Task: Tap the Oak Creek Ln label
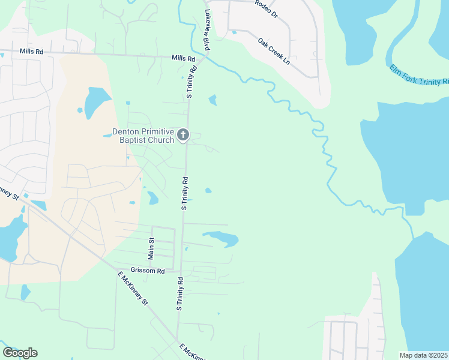point(274,52)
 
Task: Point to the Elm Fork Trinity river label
point(419,75)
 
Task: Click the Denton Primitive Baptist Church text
point(143,136)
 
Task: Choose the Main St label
point(151,248)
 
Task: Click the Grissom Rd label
point(148,271)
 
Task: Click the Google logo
point(20,353)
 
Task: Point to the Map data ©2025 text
point(423,355)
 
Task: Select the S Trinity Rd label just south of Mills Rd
point(191,82)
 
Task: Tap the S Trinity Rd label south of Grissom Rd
point(179,293)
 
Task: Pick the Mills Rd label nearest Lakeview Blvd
point(183,59)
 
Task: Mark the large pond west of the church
point(96,102)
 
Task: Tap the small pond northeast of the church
point(212,100)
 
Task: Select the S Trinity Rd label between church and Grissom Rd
point(185,193)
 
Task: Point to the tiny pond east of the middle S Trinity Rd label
point(208,191)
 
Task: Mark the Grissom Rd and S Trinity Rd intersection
point(181,271)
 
